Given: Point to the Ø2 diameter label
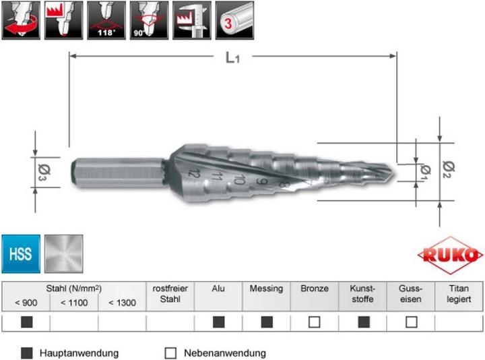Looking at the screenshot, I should click(449, 164).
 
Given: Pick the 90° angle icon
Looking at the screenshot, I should click(150, 20).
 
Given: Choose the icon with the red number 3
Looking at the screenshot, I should click(234, 20).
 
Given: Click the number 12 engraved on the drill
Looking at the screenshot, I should click(195, 174).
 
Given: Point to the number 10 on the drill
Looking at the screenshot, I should click(238, 179).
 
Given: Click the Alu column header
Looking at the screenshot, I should click(218, 289).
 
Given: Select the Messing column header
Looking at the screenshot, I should click(266, 289).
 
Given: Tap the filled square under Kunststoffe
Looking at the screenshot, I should click(363, 322).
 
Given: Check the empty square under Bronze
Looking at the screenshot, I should click(315, 322).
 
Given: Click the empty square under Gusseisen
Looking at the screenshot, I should click(412, 322).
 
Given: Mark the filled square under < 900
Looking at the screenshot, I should click(26, 322).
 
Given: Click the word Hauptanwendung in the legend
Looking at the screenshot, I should click(79, 353).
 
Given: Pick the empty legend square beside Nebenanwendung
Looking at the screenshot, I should click(170, 353).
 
